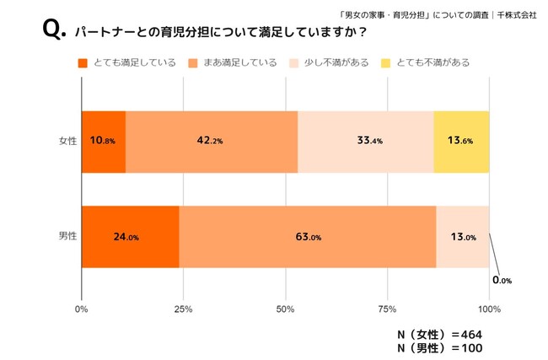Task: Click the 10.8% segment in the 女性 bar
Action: point(104,141)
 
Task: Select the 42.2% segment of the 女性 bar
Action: point(212,141)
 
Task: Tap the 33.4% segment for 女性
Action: point(365,141)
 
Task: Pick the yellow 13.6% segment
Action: point(461,141)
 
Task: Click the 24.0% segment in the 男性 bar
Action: point(131,237)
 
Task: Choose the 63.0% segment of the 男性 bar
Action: point(308,237)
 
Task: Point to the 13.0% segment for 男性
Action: point(462,237)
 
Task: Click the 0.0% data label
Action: point(502,279)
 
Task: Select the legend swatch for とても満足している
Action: point(83,63)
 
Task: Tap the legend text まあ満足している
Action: point(241,63)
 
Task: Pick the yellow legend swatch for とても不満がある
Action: point(387,63)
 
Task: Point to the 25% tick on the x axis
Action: point(184,309)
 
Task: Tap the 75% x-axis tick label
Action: point(387,309)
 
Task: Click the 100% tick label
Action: point(489,309)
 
